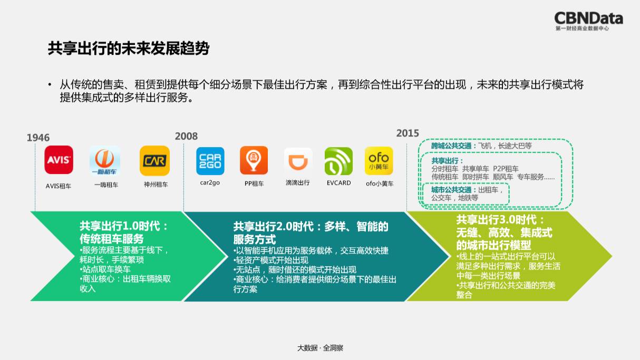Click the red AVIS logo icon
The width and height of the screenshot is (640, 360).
point(59,160)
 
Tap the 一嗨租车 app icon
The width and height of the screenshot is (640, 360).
point(105,160)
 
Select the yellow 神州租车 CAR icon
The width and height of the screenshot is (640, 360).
point(154,160)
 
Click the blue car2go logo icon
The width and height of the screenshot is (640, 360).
point(210,161)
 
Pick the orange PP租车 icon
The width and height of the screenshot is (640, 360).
point(254,160)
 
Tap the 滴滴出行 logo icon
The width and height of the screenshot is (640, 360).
point(298,161)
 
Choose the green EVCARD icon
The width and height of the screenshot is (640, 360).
point(338,161)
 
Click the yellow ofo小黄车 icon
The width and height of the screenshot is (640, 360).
point(379,161)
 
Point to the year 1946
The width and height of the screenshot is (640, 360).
point(38,138)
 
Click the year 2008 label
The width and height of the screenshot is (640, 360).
point(187,136)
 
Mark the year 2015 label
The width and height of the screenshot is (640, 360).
point(408,133)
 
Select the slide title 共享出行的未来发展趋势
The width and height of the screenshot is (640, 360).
point(129,49)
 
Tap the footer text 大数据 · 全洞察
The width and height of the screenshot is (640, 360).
point(320,348)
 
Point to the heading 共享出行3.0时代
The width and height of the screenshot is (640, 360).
point(500,220)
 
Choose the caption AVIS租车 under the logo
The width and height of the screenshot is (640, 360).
point(59,186)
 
